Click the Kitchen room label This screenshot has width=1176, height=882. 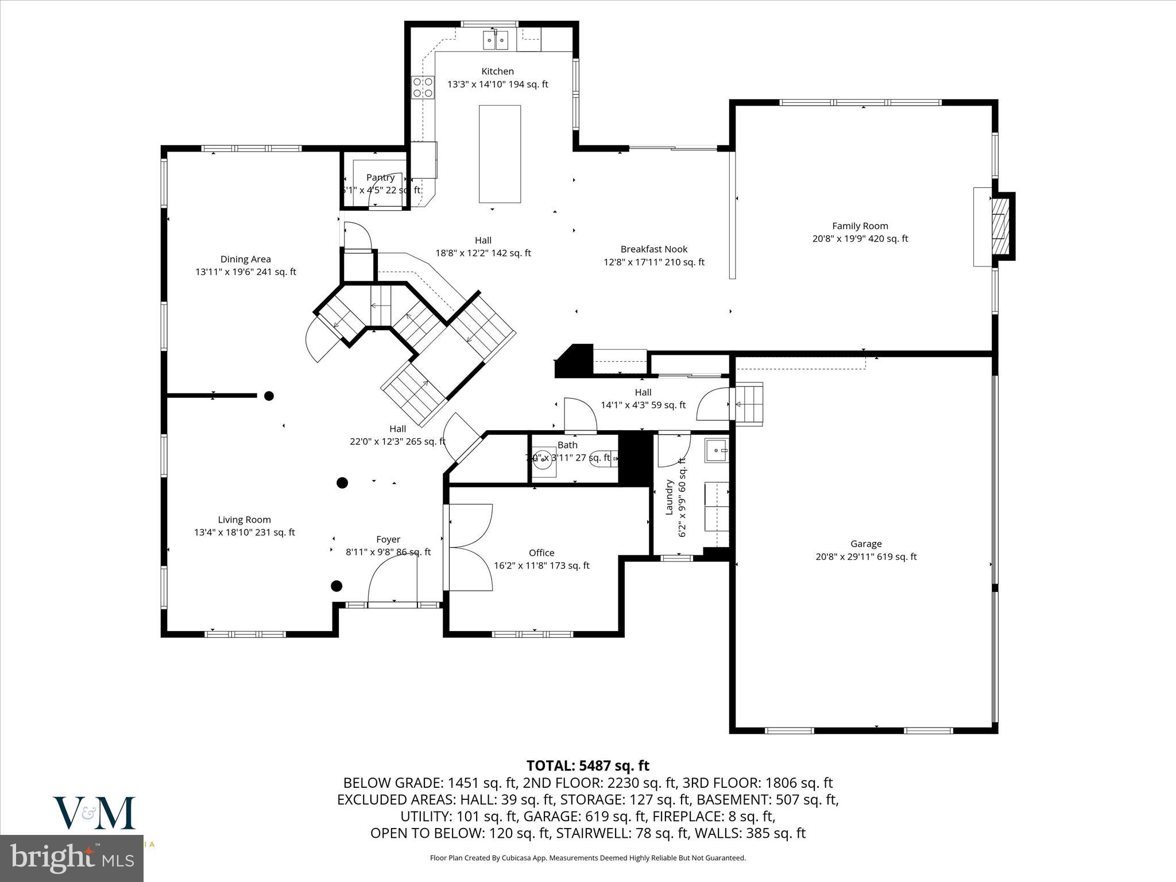(x=497, y=71)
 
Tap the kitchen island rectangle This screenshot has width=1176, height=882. (x=500, y=154)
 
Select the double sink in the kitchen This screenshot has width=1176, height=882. (x=496, y=40)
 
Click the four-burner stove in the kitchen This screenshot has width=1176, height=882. (x=423, y=87)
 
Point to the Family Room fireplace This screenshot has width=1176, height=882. (x=1000, y=226)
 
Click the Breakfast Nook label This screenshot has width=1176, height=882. (x=653, y=249)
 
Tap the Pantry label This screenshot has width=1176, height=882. (x=380, y=177)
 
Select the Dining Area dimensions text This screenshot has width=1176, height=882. (x=246, y=272)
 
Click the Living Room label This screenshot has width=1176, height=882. (x=244, y=520)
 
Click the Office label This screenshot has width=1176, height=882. (x=541, y=553)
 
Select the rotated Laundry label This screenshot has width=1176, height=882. (x=669, y=497)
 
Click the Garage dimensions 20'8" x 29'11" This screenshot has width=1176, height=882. (x=866, y=556)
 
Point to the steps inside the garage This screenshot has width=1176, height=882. (x=750, y=404)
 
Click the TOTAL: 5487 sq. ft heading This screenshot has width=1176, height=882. (x=587, y=765)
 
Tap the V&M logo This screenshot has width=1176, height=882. (x=94, y=813)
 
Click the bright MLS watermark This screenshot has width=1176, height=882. (x=72, y=858)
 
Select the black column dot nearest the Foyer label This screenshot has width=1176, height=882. (x=336, y=586)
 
